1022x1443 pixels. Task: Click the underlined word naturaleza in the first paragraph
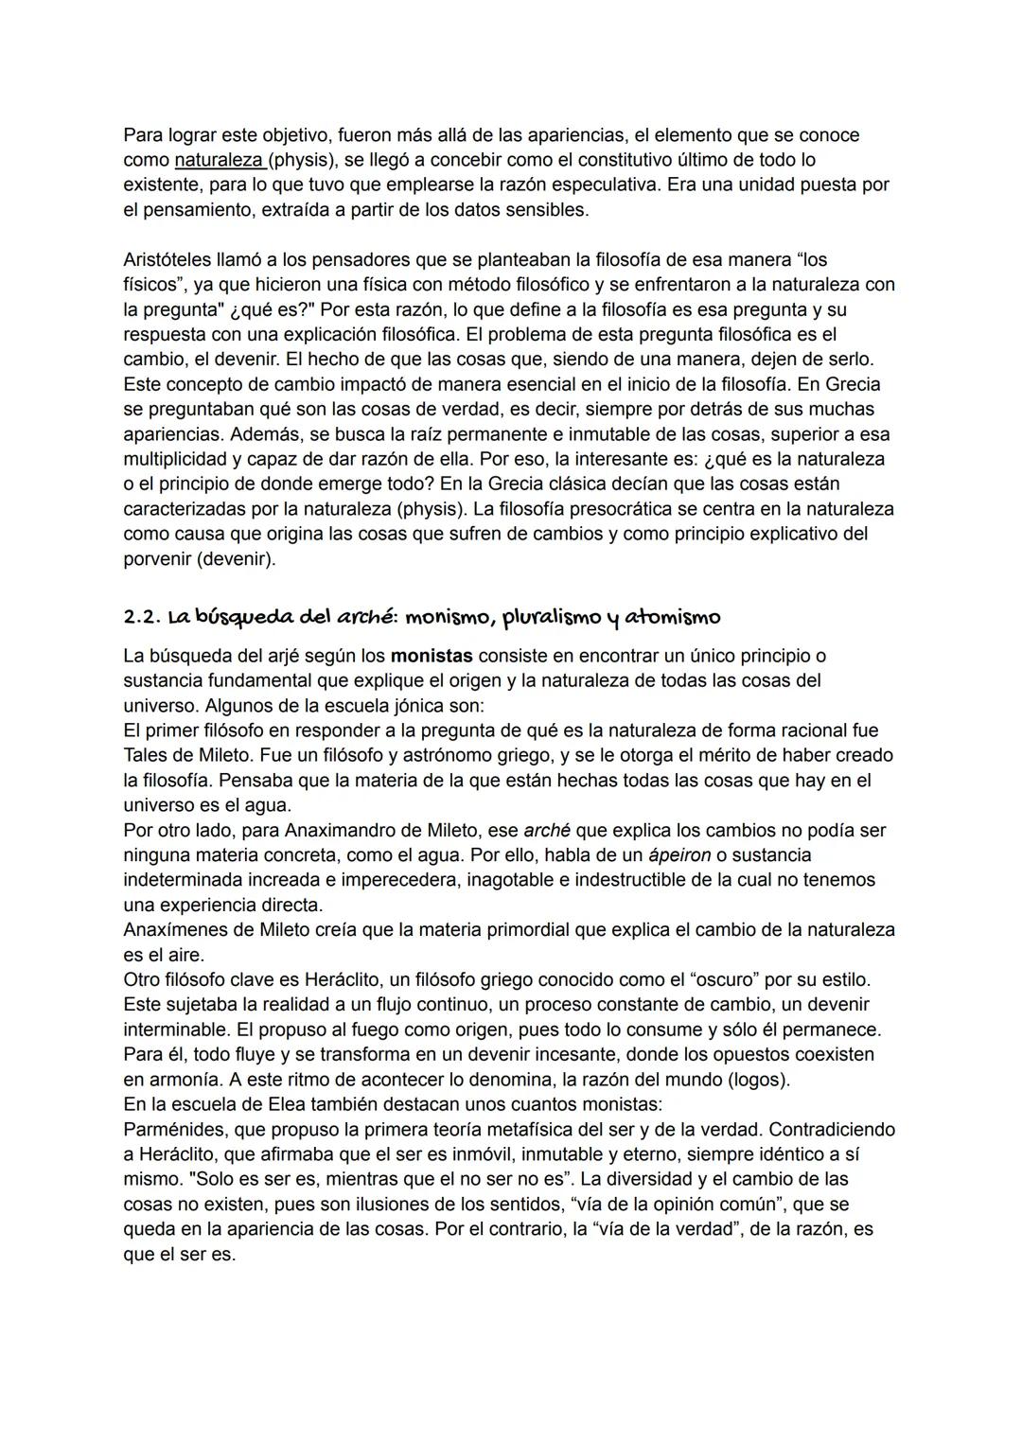coord(220,160)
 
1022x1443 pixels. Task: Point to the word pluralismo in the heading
coord(550,617)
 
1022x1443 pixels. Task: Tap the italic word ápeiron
coord(679,854)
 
